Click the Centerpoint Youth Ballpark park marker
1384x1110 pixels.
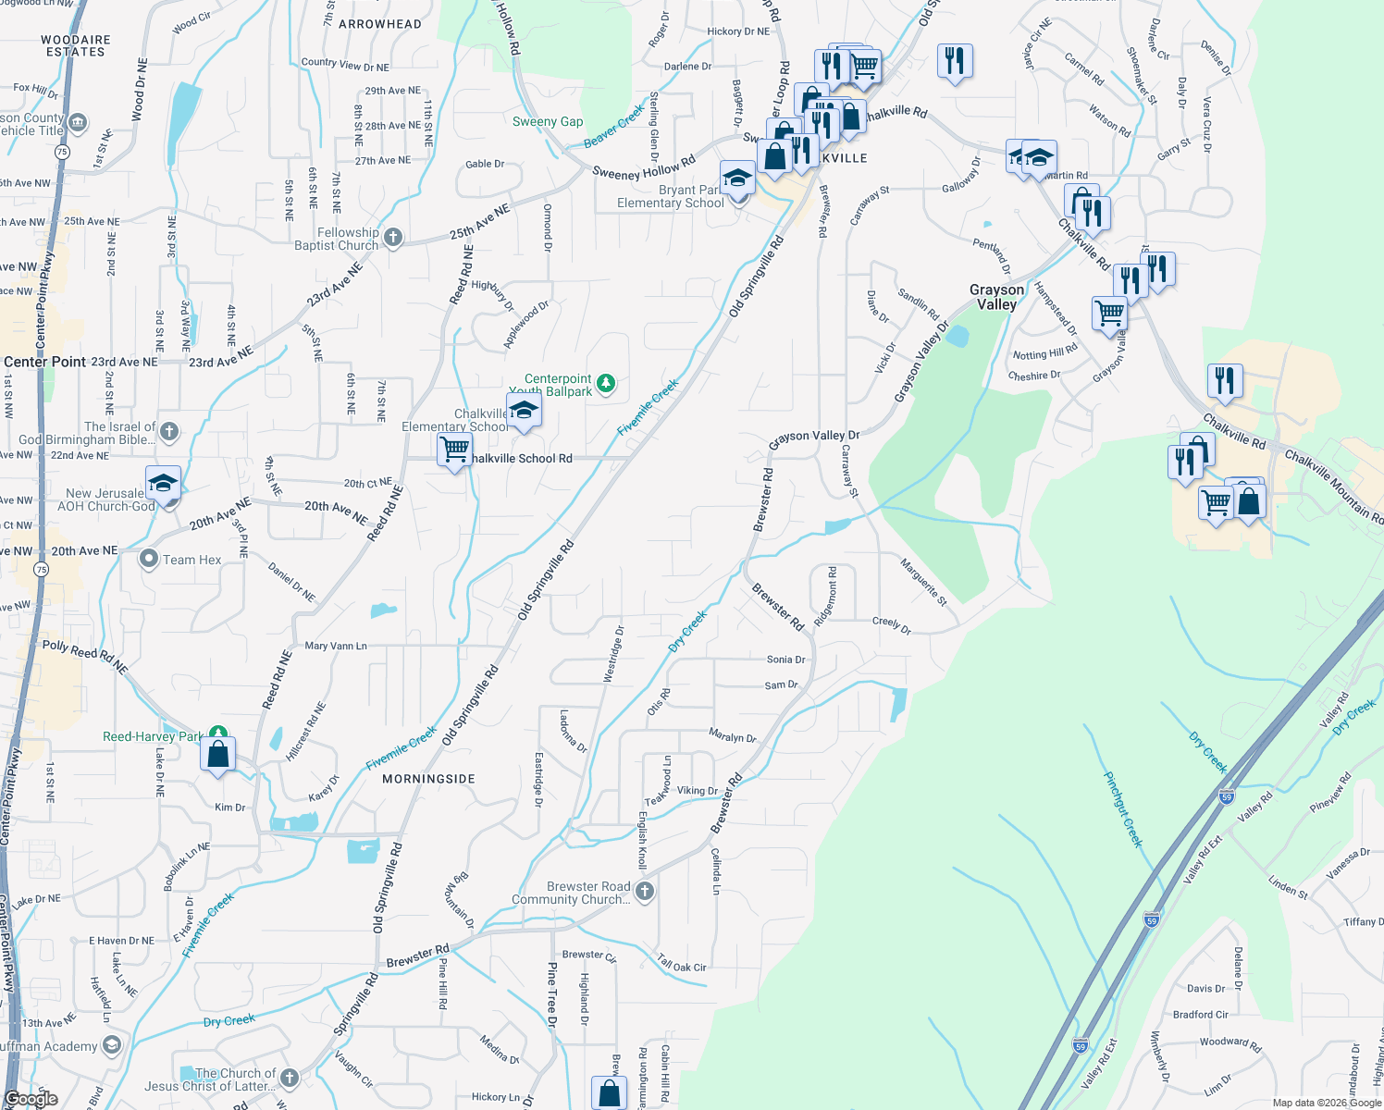coord(606,383)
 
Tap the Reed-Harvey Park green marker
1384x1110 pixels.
coord(218,735)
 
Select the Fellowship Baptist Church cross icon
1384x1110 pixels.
coord(393,238)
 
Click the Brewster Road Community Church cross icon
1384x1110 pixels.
coord(645,892)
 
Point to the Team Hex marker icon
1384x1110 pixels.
coord(149,559)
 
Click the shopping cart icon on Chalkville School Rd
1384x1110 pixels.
coord(454,450)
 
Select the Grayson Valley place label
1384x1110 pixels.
coord(996,297)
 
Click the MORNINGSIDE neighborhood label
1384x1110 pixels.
coord(428,779)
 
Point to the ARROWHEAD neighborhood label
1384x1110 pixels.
coord(380,24)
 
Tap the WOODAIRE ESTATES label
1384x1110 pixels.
coord(76,46)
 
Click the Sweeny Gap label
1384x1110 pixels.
coord(548,122)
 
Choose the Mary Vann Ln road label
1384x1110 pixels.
coord(336,646)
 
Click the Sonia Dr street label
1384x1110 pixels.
coord(785,660)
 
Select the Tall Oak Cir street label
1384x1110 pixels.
coord(682,963)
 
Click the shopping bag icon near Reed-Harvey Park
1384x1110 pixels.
coord(217,754)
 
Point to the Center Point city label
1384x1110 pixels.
coord(44,362)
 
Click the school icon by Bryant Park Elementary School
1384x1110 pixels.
coord(737,177)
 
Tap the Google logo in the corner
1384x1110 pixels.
coord(31,1099)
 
